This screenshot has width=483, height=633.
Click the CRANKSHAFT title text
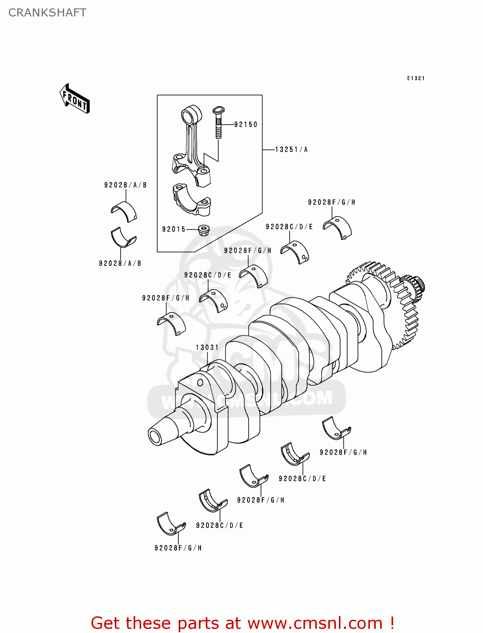tap(47, 13)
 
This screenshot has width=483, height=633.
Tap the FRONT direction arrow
tap(75, 99)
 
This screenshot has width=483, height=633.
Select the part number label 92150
tap(246, 124)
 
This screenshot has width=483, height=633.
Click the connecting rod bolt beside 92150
tap(218, 122)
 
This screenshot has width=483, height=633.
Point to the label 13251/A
tap(291, 149)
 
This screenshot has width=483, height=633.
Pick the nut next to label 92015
tap(204, 230)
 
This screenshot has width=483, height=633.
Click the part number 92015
tap(174, 229)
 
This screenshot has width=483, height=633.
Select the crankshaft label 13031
tap(207, 347)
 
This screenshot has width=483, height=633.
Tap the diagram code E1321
tap(416, 78)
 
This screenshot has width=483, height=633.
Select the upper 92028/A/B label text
tap(126, 185)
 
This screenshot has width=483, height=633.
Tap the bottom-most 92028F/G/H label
tap(178, 548)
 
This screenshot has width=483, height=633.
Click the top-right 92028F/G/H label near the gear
tap(331, 202)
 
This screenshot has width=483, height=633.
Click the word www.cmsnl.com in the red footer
tap(315, 623)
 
